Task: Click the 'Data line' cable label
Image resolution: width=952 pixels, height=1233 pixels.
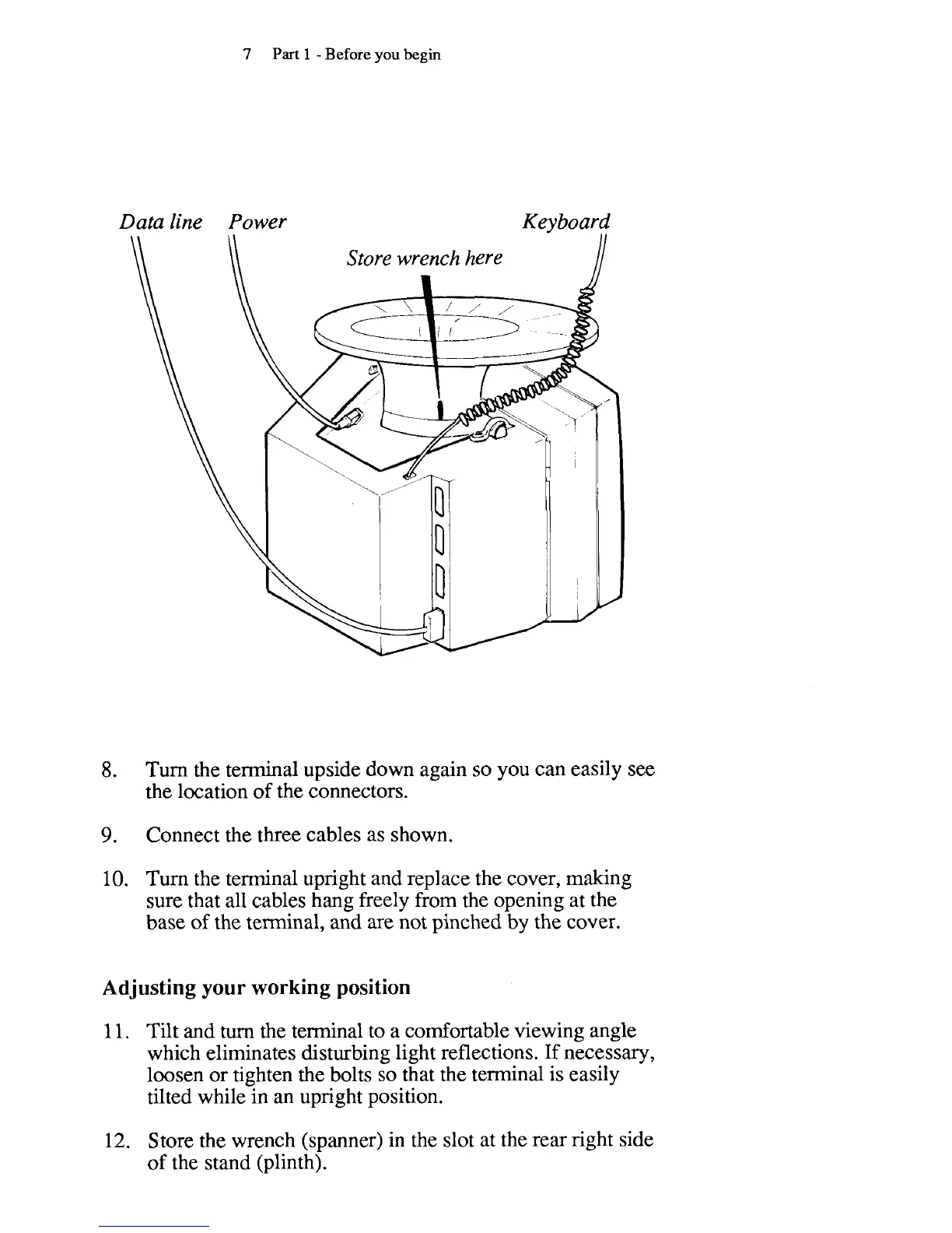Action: click(160, 223)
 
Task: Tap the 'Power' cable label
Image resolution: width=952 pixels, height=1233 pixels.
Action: click(257, 223)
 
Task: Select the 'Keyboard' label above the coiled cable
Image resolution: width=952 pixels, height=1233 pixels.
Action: click(565, 223)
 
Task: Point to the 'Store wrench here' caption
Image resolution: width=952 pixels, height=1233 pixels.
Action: click(424, 258)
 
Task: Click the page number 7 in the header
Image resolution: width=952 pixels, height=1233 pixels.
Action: click(247, 54)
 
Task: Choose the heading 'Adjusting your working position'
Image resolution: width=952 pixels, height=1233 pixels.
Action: click(256, 988)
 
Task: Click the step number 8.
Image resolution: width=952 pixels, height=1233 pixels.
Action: click(110, 771)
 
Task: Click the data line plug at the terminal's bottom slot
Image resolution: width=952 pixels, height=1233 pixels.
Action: click(432, 623)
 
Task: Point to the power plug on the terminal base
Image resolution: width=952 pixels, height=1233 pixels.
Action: click(352, 420)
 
